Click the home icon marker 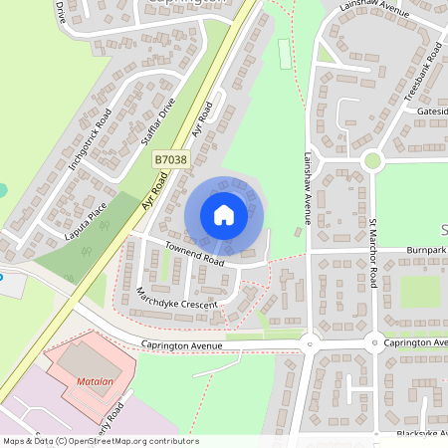click(x=224, y=215)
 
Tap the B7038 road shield click(x=170, y=159)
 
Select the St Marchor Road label click(x=373, y=254)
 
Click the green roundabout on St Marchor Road click(x=372, y=159)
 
